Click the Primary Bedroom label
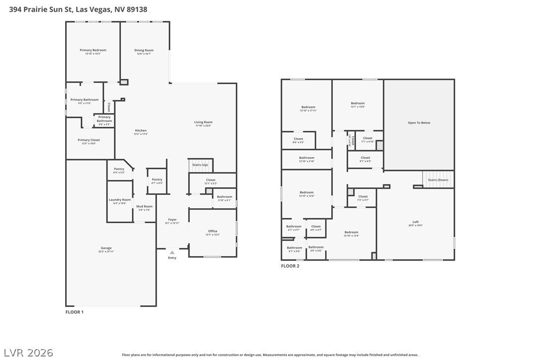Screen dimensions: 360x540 [93, 50]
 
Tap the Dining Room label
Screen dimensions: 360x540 [144, 50]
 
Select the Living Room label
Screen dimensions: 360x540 [203, 122]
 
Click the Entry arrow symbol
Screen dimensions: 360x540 [172, 253]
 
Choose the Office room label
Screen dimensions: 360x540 [213, 231]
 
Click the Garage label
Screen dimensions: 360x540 [106, 248]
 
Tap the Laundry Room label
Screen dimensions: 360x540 [120, 200]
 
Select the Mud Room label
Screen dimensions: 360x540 [144, 206]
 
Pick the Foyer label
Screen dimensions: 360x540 [172, 219]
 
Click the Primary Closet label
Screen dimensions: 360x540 [89, 140]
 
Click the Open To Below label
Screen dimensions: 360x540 [419, 123]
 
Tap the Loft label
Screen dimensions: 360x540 [415, 222]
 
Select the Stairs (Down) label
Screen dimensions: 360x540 [438, 180]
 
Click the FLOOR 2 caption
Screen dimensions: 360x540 [290, 266]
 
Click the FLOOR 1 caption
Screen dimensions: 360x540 [75, 312]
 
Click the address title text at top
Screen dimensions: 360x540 [78, 9]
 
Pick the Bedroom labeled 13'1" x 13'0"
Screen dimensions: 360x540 [358, 103]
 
